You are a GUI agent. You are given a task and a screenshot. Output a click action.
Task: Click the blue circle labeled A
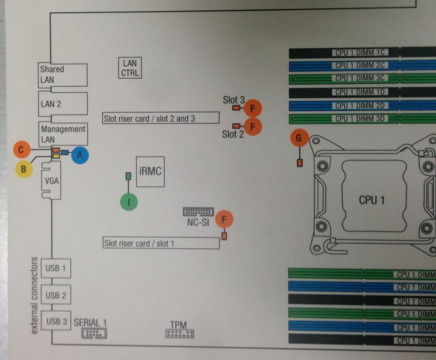pos(80,155)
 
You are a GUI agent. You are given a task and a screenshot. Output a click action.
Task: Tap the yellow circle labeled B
pos(23,169)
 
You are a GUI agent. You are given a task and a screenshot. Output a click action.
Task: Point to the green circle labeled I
pos(129,202)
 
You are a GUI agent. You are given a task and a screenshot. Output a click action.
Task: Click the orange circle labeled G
pos(299,139)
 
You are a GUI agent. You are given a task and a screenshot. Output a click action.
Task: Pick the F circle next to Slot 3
pos(253,109)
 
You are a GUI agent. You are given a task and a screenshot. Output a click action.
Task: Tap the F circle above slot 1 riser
pos(224,220)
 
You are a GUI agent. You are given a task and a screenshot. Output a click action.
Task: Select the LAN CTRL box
pos(130,68)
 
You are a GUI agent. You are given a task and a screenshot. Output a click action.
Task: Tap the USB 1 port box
pos(56,269)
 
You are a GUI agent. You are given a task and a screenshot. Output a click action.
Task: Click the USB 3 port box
pos(56,321)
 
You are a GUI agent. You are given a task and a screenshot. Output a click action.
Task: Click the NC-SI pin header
pos(198,212)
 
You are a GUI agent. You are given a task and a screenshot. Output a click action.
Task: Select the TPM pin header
pos(180,333)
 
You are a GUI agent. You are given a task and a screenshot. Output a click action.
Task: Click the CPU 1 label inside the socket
pos(372,200)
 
